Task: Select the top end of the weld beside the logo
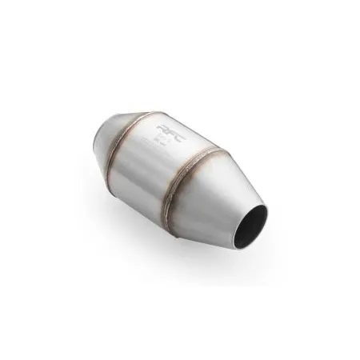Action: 149,111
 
